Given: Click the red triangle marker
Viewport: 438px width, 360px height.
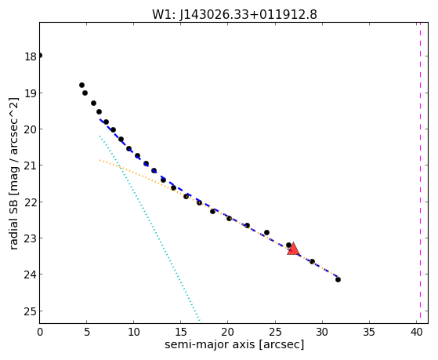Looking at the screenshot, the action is pyautogui.click(x=293, y=249).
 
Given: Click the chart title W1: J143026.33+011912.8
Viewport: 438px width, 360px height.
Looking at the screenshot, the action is pyautogui.click(x=234, y=14).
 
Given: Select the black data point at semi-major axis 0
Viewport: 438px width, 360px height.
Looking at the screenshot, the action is pyautogui.click(x=40, y=56).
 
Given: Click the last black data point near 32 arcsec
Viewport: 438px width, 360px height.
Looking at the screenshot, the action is pyautogui.click(x=338, y=279).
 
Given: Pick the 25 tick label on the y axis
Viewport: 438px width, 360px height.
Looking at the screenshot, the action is pyautogui.click(x=31, y=311).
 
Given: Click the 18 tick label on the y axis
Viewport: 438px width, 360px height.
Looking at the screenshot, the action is pyautogui.click(x=31, y=56).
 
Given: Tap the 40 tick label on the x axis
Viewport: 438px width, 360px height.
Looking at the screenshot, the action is pyautogui.click(x=417, y=333).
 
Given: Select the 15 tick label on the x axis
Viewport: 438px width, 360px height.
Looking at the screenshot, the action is pyautogui.click(x=181, y=333).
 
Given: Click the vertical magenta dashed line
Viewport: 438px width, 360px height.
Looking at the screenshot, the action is pyautogui.click(x=420, y=173).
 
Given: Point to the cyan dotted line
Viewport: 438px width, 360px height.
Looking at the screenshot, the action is pyautogui.click(x=150, y=228).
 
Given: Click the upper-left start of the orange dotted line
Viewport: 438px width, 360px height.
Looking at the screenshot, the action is pyautogui.click(x=100, y=160).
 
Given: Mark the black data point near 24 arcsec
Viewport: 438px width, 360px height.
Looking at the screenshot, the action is pyautogui.click(x=266, y=232).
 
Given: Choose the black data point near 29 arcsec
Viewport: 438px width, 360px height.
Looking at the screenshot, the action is pyautogui.click(x=313, y=261).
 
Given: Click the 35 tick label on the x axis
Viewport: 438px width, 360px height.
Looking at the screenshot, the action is pyautogui.click(x=369, y=333).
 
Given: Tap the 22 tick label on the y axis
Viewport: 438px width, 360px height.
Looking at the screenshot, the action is pyautogui.click(x=31, y=202).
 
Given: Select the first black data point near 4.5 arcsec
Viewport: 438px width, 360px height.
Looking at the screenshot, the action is pyautogui.click(x=81, y=85).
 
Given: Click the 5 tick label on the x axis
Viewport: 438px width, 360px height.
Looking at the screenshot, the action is pyautogui.click(x=87, y=333).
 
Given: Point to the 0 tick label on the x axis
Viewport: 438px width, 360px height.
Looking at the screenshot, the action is pyautogui.click(x=40, y=333).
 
